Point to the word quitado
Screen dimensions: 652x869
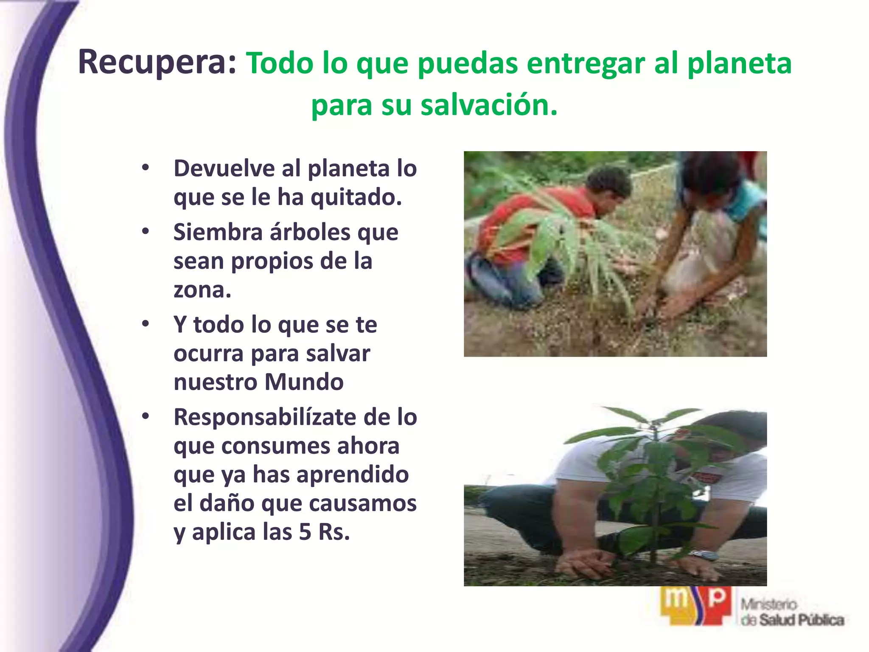point(356,197)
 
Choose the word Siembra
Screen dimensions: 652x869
point(218,232)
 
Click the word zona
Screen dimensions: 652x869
point(202,289)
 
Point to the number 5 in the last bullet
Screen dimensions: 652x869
point(305,532)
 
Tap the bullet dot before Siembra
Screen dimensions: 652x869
point(146,232)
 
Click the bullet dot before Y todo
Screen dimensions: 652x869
point(146,324)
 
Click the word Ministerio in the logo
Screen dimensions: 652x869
point(769,604)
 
